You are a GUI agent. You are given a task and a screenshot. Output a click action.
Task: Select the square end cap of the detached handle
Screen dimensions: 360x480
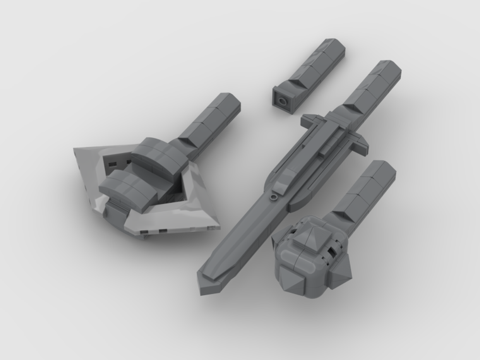click(283, 101)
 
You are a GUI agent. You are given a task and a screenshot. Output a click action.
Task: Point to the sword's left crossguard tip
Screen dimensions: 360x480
click(306, 118)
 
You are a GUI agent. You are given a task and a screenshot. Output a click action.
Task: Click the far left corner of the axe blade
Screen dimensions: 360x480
click(75, 150)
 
